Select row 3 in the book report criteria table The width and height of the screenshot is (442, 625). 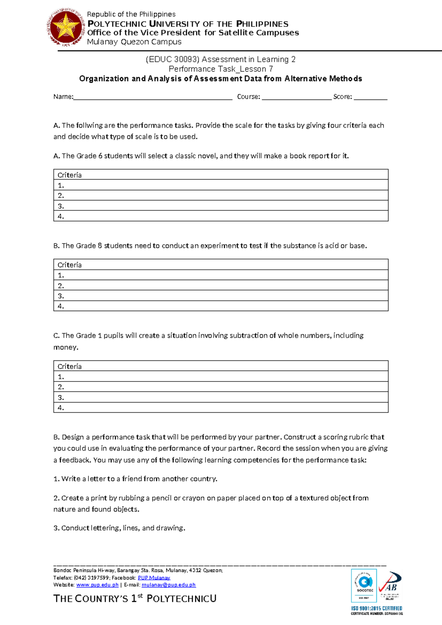point(221,206)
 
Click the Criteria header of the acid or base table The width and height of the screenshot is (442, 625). point(70,265)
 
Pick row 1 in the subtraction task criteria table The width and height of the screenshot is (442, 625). point(221,376)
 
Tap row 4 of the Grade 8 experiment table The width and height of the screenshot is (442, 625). point(221,306)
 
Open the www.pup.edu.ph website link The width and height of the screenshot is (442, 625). point(97,585)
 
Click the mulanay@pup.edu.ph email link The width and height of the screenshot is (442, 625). point(168,585)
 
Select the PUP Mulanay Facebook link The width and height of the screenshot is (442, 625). point(154,578)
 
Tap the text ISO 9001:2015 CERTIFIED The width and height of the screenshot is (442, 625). point(376,608)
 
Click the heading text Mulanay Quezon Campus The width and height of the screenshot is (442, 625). point(134,42)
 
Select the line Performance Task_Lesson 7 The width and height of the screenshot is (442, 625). point(221,69)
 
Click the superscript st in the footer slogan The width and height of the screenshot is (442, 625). point(140,596)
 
